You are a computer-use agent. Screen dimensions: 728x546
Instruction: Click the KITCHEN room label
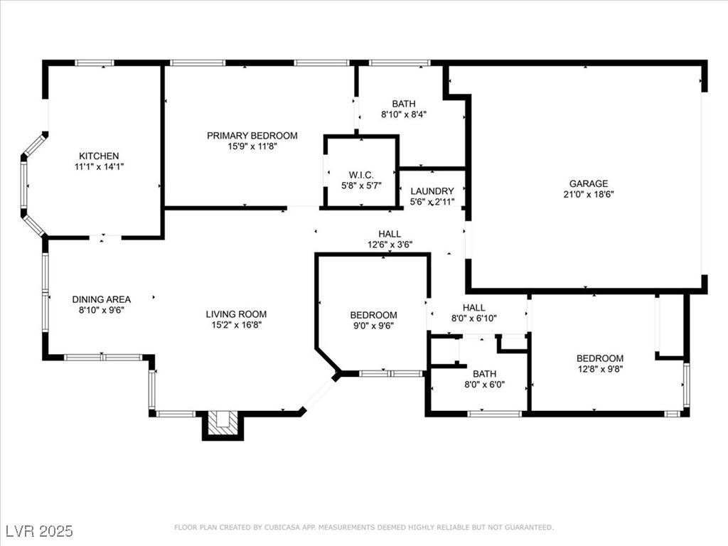pyautogui.click(x=99, y=156)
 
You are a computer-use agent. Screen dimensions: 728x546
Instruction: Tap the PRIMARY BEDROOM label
pyautogui.click(x=252, y=136)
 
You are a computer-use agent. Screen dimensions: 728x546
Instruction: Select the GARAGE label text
pyautogui.click(x=589, y=183)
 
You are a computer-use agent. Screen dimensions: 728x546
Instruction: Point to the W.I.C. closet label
pyautogui.click(x=361, y=175)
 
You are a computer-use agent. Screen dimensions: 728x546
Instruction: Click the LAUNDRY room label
pyautogui.click(x=432, y=191)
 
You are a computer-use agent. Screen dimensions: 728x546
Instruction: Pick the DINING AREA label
pyautogui.click(x=101, y=299)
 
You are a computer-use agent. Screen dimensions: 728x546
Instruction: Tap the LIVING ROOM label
pyautogui.click(x=236, y=314)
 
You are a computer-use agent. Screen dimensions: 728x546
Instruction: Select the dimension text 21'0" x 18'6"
pyautogui.click(x=589, y=195)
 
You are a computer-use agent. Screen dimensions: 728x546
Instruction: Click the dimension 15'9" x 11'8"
pyautogui.click(x=252, y=146)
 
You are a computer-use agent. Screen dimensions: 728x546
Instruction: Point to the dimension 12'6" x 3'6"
pyautogui.click(x=390, y=245)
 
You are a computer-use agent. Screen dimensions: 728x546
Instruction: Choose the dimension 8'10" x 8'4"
pyautogui.click(x=404, y=114)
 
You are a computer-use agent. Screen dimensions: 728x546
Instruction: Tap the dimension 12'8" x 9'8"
pyautogui.click(x=600, y=369)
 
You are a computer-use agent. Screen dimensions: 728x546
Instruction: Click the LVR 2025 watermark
pyautogui.click(x=40, y=530)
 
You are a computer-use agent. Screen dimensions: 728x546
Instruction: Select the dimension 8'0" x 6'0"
pyautogui.click(x=485, y=385)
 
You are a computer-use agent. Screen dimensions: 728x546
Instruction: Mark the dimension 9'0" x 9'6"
pyautogui.click(x=374, y=326)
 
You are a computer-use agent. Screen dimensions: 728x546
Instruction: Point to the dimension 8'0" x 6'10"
pyautogui.click(x=474, y=318)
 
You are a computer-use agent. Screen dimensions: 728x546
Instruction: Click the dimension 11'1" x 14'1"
pyautogui.click(x=99, y=166)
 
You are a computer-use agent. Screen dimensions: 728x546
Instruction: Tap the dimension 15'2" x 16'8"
pyautogui.click(x=236, y=325)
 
